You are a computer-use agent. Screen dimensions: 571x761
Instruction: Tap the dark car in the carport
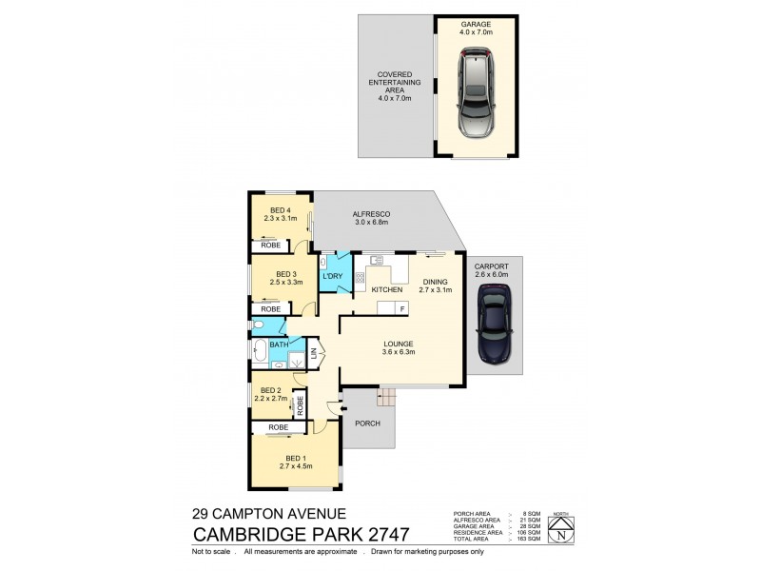coord(496,328)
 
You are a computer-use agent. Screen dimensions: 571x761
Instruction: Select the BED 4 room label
coord(280,210)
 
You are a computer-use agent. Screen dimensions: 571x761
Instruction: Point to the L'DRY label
coord(333,276)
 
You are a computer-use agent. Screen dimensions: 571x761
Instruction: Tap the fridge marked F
coord(401,307)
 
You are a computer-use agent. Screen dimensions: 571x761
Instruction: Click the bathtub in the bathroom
coord(260,349)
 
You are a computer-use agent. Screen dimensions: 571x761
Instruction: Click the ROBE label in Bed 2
coord(300,404)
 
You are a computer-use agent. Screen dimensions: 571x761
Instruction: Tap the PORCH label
coord(367,423)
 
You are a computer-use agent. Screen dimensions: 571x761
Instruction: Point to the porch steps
coord(385,397)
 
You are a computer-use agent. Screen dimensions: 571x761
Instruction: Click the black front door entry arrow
coord(330,409)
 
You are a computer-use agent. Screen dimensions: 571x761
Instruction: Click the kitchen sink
coord(377,259)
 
